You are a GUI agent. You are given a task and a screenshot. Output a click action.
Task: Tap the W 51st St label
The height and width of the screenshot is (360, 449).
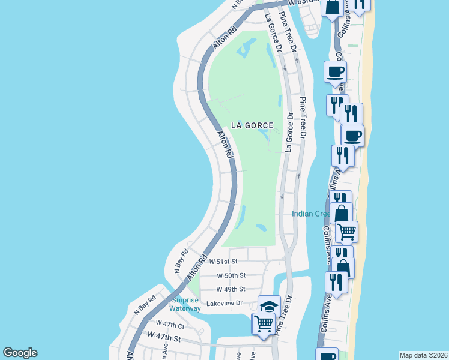223,262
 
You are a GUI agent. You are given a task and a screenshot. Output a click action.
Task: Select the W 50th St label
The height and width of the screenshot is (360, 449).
231,275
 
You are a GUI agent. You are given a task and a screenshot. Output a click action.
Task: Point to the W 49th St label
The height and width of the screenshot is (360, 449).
231,289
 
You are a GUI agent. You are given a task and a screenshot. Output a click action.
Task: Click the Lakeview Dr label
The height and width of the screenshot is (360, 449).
224,304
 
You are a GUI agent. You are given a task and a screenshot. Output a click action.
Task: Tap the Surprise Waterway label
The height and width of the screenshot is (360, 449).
185,304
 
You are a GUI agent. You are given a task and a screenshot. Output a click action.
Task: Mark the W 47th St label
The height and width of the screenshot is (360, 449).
164,338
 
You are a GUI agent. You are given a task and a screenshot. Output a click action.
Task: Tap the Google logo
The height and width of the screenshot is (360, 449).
20,353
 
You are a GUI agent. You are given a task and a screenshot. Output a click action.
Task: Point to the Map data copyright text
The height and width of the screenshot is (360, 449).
423,355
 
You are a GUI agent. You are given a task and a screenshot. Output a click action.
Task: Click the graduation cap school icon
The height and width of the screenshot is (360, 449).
269,305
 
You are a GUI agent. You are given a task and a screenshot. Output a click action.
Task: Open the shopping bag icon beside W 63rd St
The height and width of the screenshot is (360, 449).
331,8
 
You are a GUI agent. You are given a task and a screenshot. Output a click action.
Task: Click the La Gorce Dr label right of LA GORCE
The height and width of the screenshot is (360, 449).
289,133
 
